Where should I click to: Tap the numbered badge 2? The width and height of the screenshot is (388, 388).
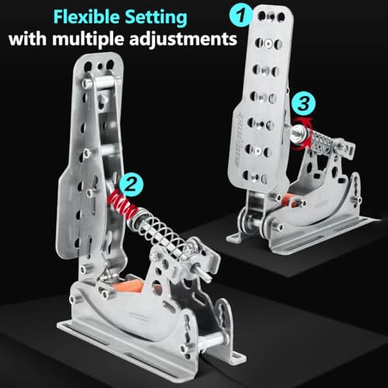[133, 184]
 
